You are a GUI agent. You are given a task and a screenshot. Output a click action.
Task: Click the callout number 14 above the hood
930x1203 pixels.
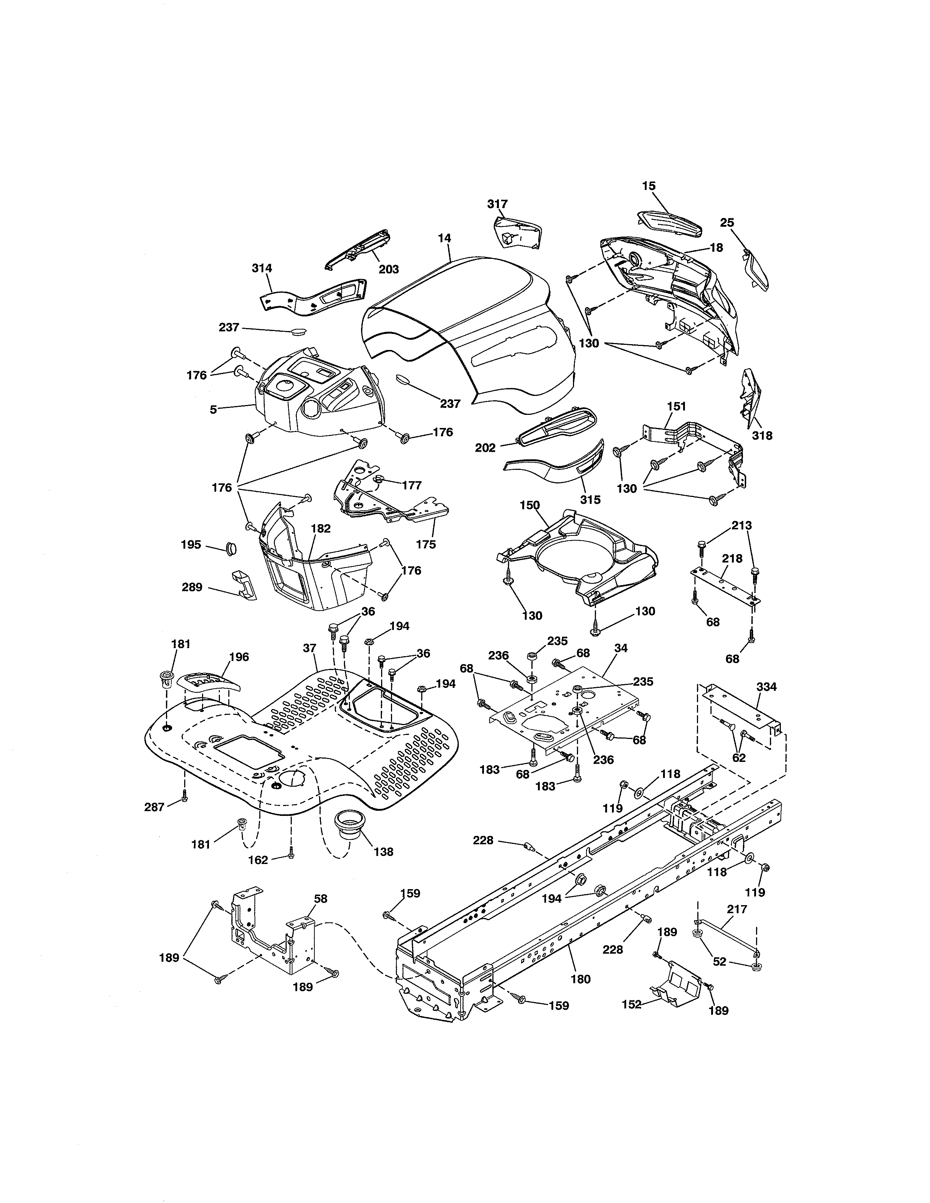[444, 238]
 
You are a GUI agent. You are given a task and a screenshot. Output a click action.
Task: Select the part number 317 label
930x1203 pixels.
[497, 204]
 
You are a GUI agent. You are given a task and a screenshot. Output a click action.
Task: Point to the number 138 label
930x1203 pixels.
[383, 852]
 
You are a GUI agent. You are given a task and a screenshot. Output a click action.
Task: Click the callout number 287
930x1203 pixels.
[154, 807]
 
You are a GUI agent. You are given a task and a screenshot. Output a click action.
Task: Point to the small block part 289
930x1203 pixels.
[243, 583]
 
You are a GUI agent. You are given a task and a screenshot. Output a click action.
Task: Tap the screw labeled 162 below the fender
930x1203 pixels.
[291, 855]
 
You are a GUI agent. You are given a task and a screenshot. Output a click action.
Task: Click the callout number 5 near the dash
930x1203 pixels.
[213, 410]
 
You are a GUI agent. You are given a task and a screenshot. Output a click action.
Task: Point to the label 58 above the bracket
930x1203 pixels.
[320, 898]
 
